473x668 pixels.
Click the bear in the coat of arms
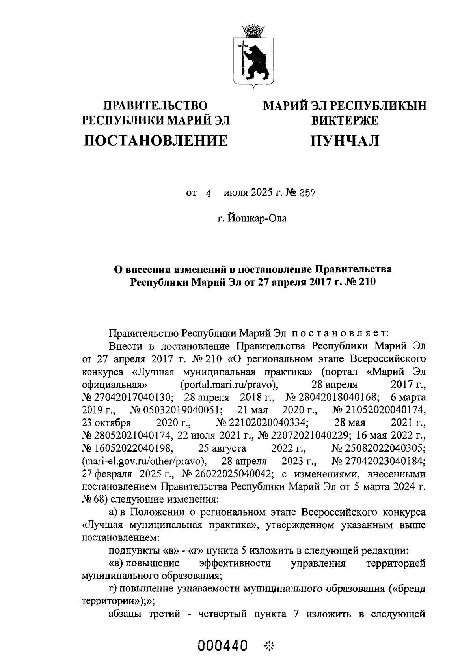[257, 61]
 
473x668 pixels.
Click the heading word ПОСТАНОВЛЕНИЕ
[156, 141]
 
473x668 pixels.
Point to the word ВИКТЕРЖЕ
[345, 120]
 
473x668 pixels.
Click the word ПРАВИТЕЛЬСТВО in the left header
[155, 106]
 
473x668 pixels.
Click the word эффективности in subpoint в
[235, 563]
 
